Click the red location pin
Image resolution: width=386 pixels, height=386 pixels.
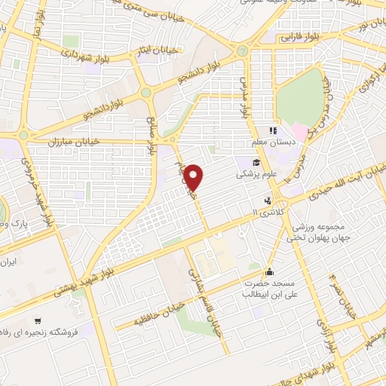click(x=195, y=176)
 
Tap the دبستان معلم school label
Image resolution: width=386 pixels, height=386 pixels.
click(x=272, y=142)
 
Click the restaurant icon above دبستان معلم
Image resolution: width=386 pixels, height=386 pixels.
click(x=273, y=130)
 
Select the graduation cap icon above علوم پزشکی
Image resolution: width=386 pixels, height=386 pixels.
click(x=256, y=162)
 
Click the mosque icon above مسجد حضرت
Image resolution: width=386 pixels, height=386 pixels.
click(x=269, y=273)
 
